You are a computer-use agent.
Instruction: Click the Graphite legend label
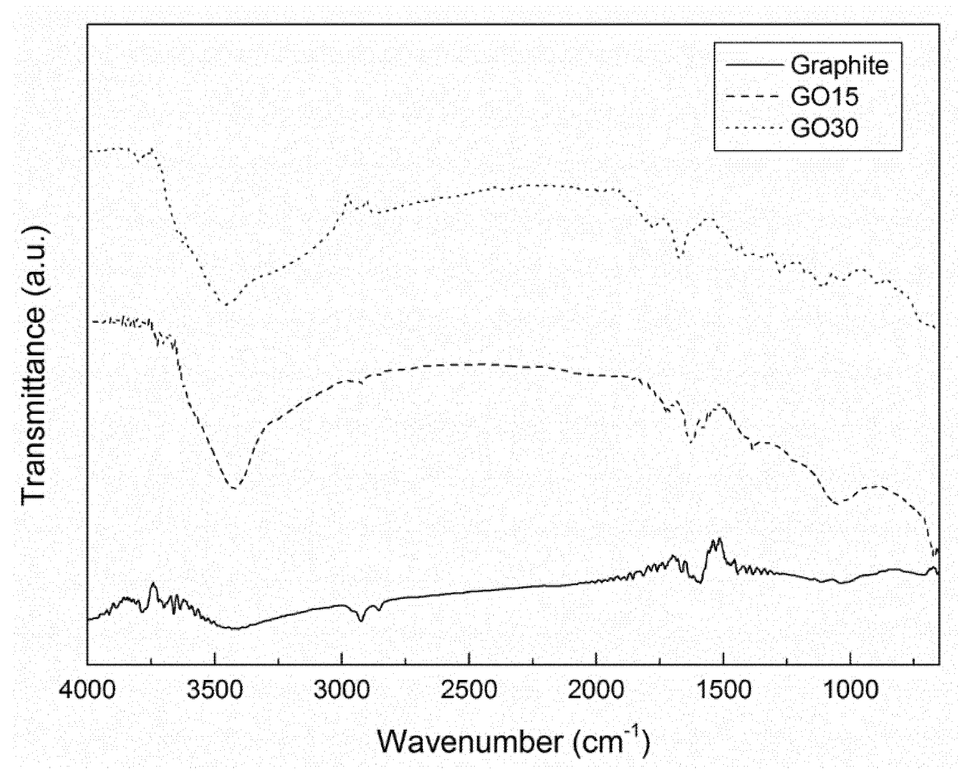tap(839, 66)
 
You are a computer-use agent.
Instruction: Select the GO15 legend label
tap(824, 96)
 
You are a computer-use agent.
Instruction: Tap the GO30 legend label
tap(824, 128)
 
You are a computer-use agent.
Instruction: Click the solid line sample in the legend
tap(754, 65)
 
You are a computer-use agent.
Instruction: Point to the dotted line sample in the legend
tap(754, 128)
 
